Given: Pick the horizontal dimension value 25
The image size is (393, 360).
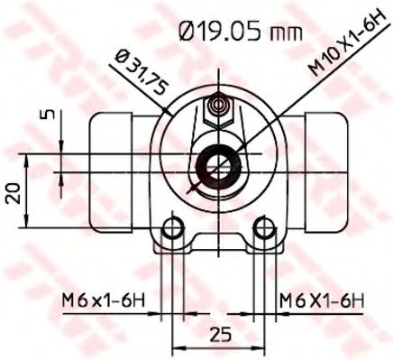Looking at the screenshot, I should [217, 334].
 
